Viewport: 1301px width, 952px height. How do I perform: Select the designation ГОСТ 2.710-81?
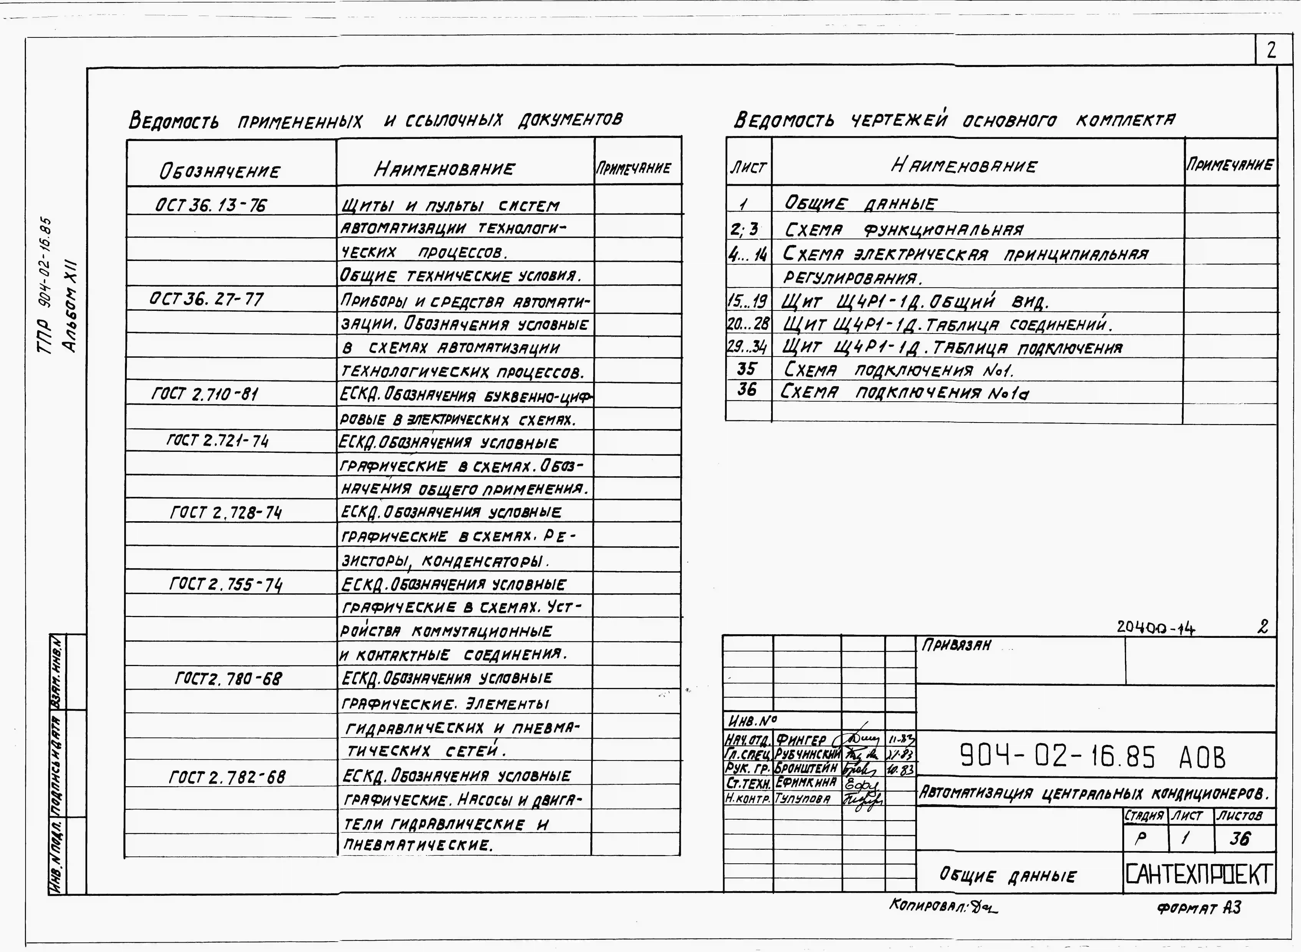click(x=205, y=394)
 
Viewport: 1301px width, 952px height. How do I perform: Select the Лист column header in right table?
click(x=748, y=167)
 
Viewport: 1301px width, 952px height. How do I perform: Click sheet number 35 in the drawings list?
click(x=747, y=369)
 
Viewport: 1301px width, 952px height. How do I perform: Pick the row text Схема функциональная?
click(x=903, y=230)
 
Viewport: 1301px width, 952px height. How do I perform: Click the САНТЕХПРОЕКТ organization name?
click(x=1198, y=874)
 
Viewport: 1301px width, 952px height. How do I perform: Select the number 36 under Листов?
click(x=1240, y=838)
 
